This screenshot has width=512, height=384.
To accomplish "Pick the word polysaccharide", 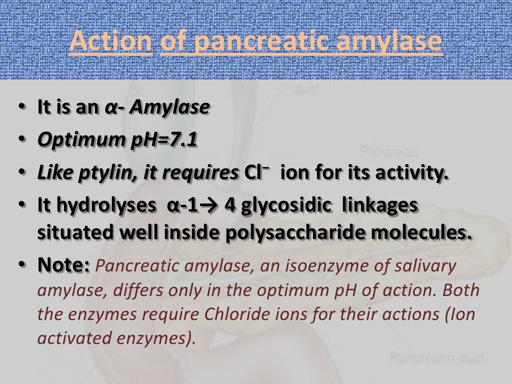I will pos(293,233).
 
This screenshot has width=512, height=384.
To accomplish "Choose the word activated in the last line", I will pos(76,338).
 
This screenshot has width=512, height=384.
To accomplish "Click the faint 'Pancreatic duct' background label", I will pos(437,358).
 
